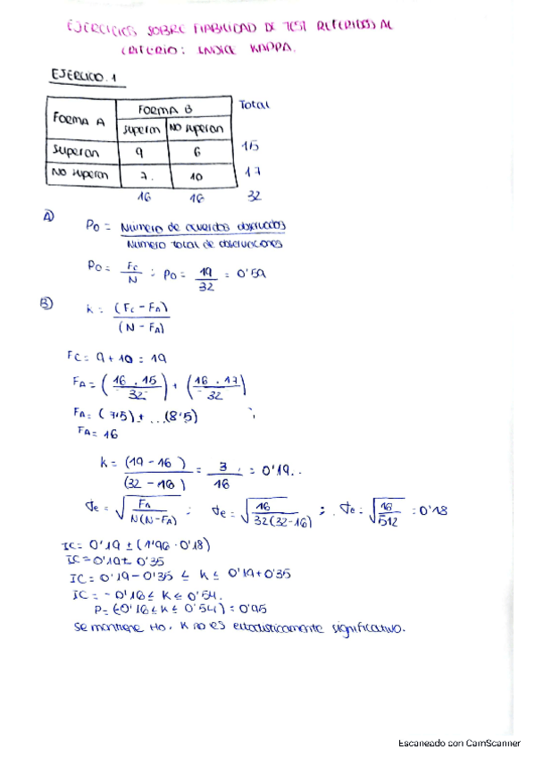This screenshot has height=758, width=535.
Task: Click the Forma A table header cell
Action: (79, 118)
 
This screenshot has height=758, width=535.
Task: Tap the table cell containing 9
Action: (142, 151)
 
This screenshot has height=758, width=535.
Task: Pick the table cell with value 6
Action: (198, 152)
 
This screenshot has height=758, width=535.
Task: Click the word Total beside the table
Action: (254, 105)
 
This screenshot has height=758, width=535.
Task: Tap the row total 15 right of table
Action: (251, 145)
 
